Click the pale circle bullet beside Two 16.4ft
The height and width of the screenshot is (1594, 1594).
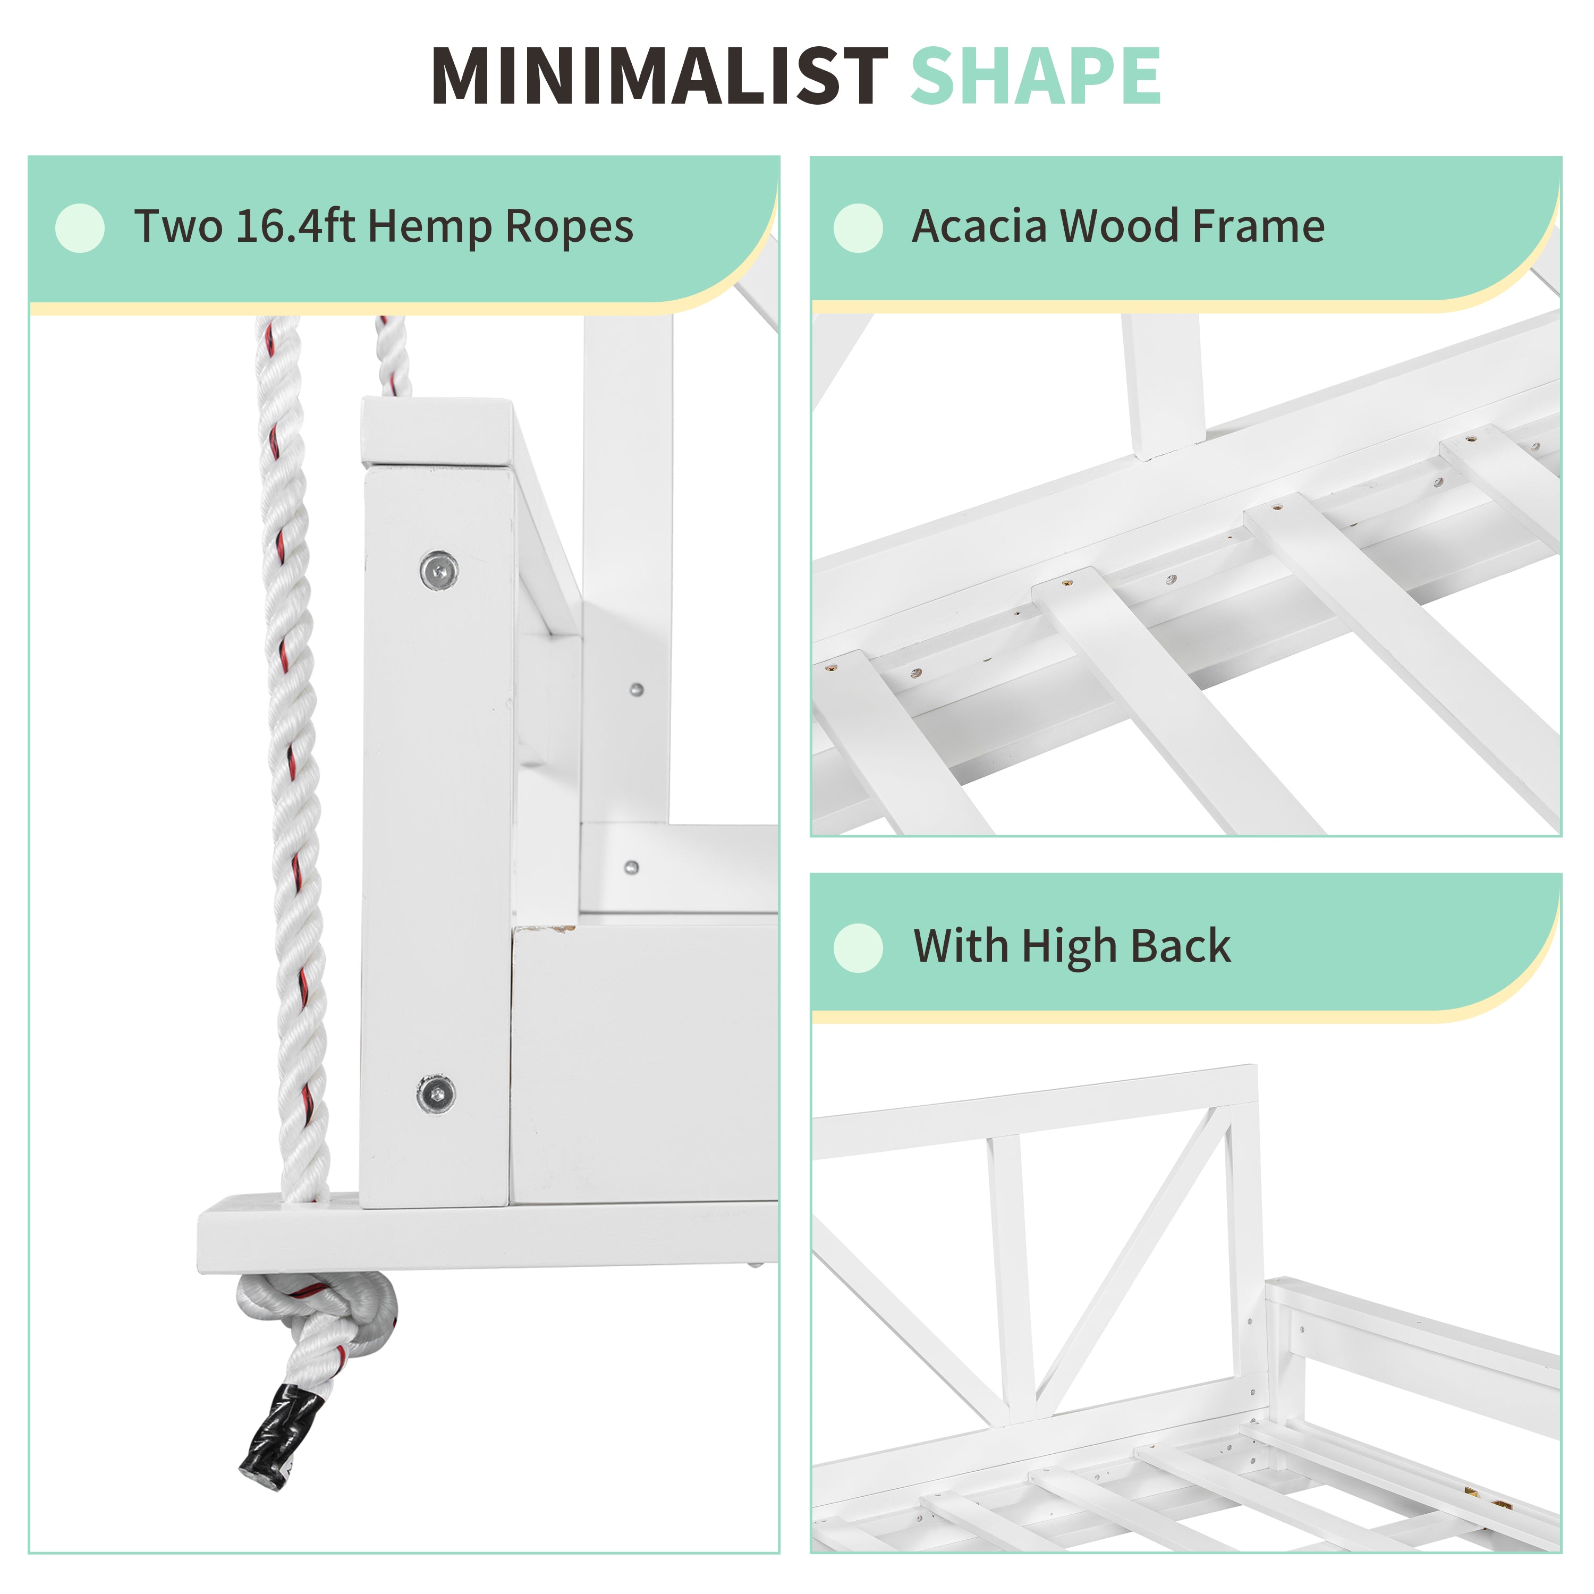[80, 228]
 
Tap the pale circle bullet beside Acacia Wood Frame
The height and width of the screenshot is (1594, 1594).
[858, 228]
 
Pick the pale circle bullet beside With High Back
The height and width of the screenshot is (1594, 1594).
[858, 948]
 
